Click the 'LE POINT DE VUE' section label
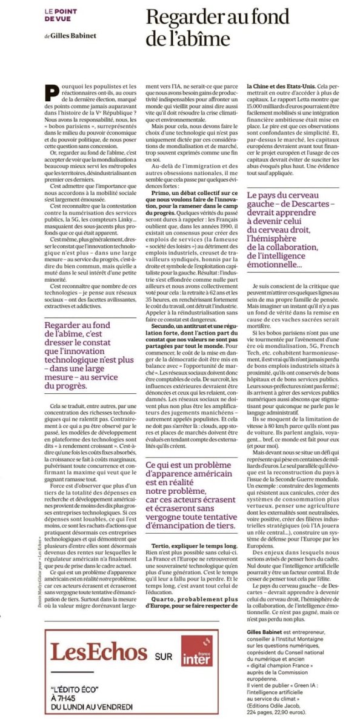click(x=61, y=15)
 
